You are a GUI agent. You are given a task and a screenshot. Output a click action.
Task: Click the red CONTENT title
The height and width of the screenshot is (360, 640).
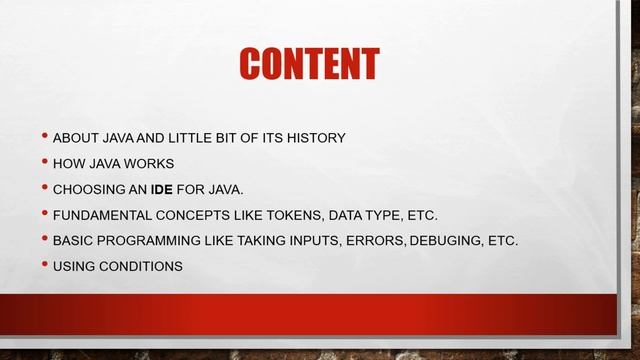point(309,65)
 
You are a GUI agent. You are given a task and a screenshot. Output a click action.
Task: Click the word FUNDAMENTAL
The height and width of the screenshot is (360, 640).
point(99,215)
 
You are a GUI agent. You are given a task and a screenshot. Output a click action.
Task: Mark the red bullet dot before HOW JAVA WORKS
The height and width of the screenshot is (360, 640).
point(45,161)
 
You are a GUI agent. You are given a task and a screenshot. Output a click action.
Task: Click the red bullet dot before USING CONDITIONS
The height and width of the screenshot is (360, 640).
point(45,265)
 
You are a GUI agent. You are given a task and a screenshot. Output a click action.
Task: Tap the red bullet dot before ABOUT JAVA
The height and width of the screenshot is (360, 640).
point(45,135)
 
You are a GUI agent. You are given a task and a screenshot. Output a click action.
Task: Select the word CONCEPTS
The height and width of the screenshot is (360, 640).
point(195,215)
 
